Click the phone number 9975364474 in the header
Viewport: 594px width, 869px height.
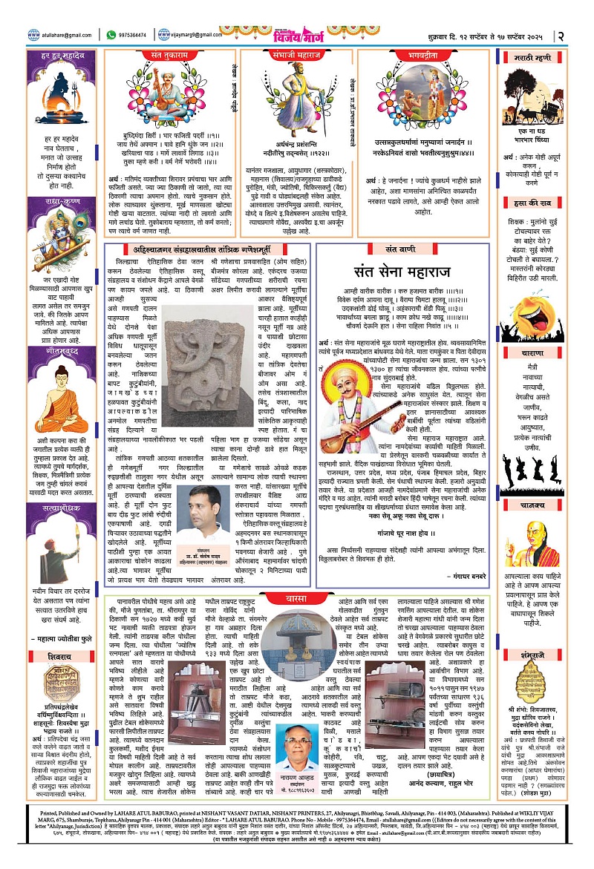click(136, 35)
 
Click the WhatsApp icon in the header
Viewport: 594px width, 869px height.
click(111, 35)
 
